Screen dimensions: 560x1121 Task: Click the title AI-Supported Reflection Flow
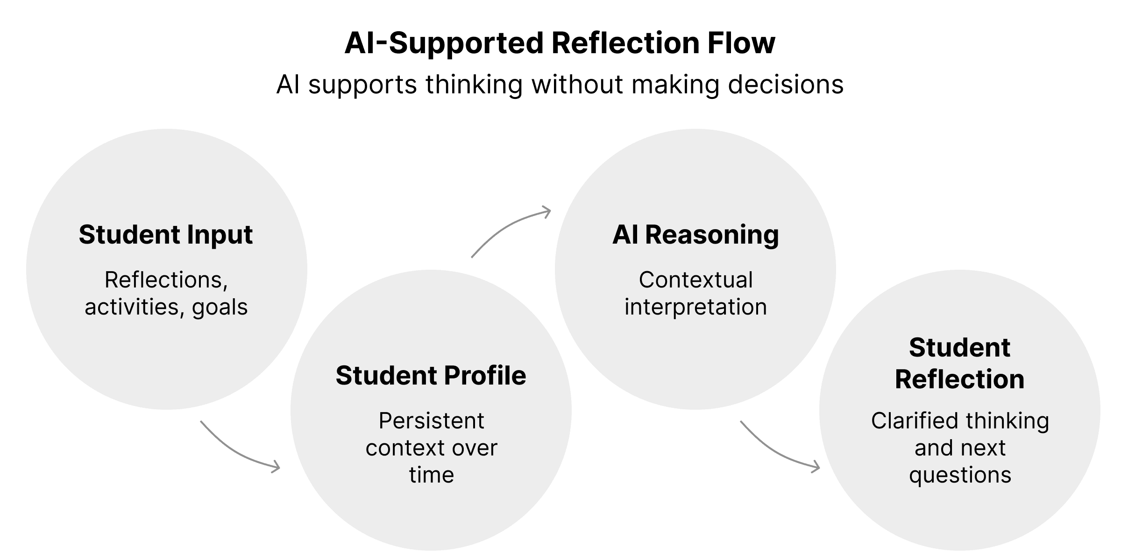(x=560, y=43)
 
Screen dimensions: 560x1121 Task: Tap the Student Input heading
(x=166, y=235)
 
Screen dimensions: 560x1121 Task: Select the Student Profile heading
(x=431, y=376)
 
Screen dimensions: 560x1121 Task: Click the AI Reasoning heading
(x=695, y=235)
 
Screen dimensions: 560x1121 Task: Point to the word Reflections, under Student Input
(x=166, y=280)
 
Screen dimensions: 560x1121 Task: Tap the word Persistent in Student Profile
(x=431, y=421)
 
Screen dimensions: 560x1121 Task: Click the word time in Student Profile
(x=431, y=475)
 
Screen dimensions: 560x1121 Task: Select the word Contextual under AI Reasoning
(x=695, y=280)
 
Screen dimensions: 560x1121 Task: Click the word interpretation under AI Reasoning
(x=695, y=308)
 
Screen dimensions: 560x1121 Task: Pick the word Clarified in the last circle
(x=914, y=421)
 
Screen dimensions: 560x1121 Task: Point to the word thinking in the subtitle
(x=474, y=85)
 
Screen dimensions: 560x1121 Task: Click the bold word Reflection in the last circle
(x=959, y=379)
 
